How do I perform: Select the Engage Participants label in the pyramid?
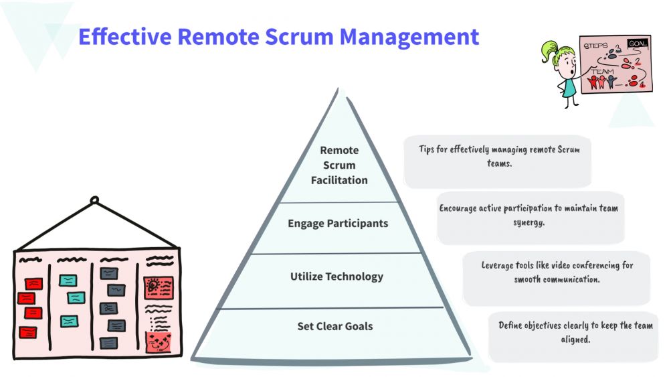(338, 223)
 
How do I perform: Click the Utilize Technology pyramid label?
(337, 276)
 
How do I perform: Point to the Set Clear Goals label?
(335, 326)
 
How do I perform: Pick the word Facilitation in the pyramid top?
(339, 180)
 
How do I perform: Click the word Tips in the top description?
(429, 149)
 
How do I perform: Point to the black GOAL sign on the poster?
(637, 44)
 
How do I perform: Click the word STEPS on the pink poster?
(596, 46)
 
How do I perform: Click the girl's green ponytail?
(549, 49)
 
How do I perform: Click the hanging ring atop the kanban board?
(94, 200)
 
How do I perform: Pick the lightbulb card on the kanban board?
(159, 287)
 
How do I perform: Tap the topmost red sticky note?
(33, 283)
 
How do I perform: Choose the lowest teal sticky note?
(70, 321)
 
